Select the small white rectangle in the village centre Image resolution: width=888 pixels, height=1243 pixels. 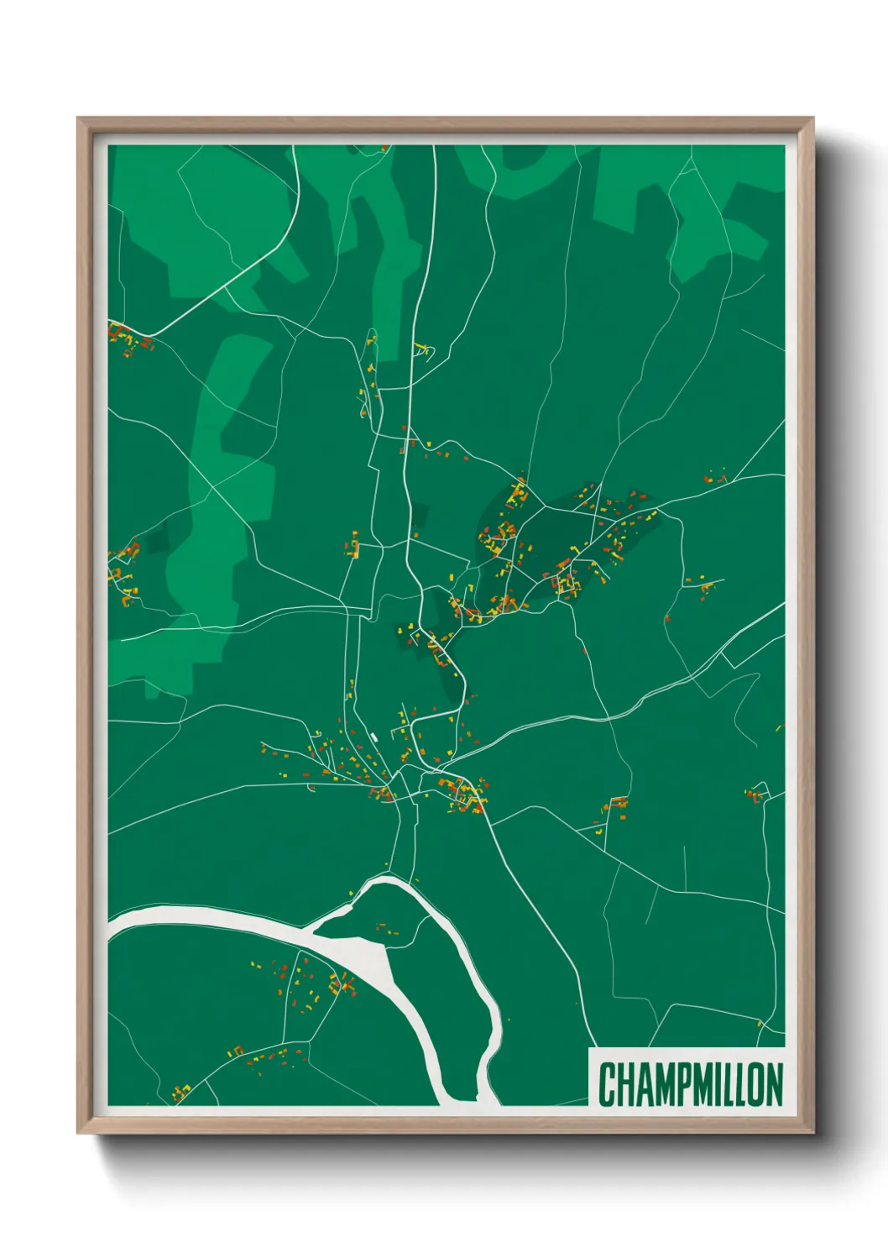[373, 737]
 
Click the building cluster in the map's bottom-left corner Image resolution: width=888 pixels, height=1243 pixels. [180, 1092]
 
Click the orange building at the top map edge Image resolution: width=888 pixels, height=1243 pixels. [384, 149]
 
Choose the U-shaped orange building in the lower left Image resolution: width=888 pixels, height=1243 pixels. [238, 1050]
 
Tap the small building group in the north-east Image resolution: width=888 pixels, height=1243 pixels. [715, 479]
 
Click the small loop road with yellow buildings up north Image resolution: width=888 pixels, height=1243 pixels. [422, 349]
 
